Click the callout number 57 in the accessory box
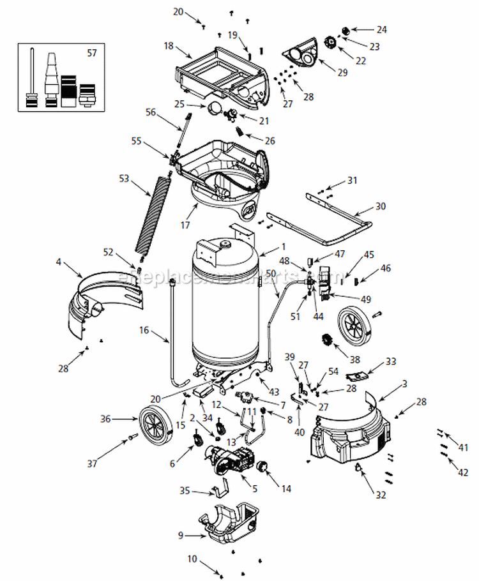pos(92,53)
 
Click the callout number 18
pos(169,46)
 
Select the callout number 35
pos(185,491)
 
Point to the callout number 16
pos(144,330)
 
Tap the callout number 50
pos(270,273)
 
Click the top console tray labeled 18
pos(217,73)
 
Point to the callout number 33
pos(391,361)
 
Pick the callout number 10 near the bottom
pos(192,559)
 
